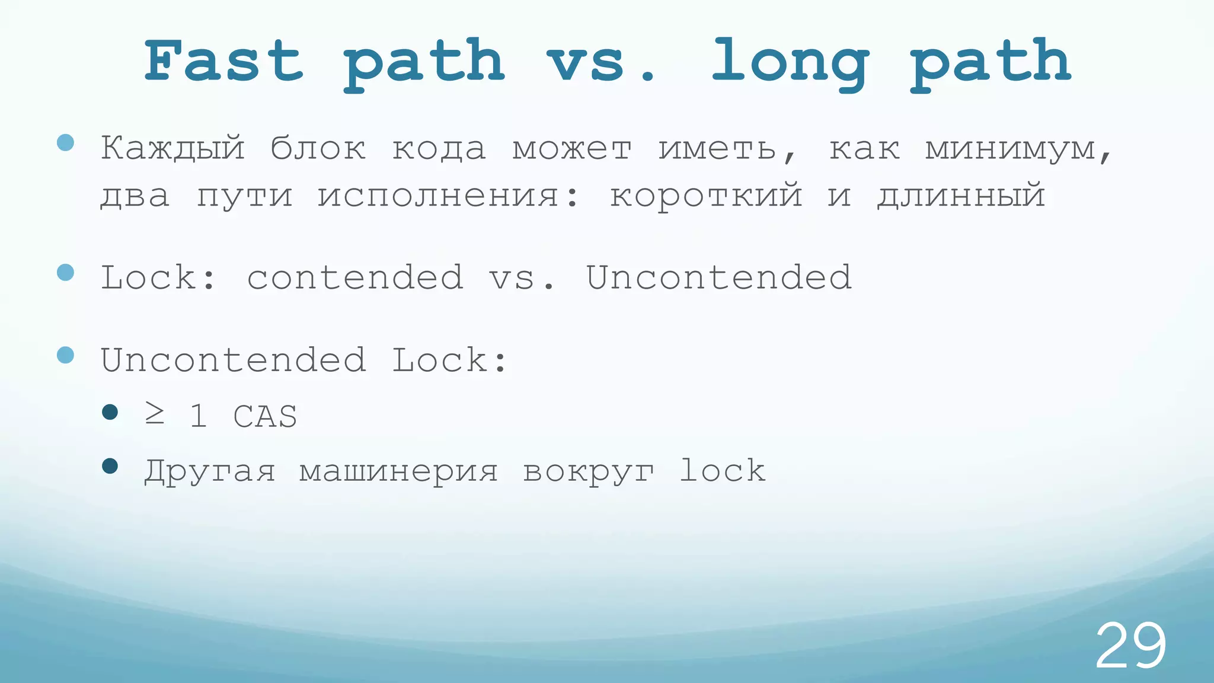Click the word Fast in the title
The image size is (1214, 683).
tap(224, 60)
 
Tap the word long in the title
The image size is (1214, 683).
tap(790, 63)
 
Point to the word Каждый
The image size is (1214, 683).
tap(172, 148)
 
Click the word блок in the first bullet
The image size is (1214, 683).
tap(318, 148)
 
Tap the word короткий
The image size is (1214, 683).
tap(706, 196)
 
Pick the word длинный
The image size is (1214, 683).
tap(961, 195)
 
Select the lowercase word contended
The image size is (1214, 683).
tap(355, 277)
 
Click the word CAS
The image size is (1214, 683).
tap(265, 416)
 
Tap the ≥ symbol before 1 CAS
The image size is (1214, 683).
tap(155, 415)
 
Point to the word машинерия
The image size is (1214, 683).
tap(398, 472)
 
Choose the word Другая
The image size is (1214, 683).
tap(210, 472)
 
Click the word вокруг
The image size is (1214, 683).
tap(589, 472)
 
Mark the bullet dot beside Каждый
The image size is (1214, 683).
tap(65, 142)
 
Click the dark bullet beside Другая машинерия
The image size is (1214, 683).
tap(110, 466)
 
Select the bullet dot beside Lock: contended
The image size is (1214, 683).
tap(65, 272)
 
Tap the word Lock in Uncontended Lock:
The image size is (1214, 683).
tap(439, 360)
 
